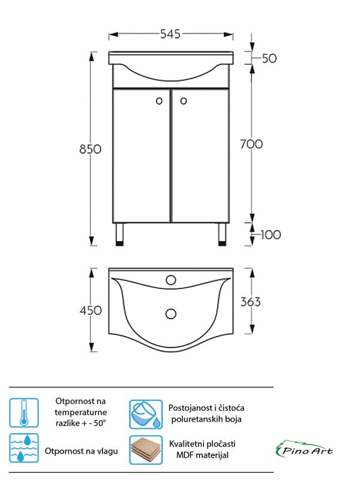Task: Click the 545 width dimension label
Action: (170, 34)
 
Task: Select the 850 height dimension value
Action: (90, 149)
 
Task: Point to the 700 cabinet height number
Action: (251, 144)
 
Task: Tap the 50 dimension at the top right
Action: (269, 58)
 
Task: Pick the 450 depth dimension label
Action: (90, 310)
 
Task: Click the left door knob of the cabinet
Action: (159, 101)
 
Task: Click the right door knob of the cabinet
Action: (184, 101)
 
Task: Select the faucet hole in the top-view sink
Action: (171, 280)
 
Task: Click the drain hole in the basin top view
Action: (171, 313)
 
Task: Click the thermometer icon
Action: (24, 413)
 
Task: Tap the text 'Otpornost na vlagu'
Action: (82, 451)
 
